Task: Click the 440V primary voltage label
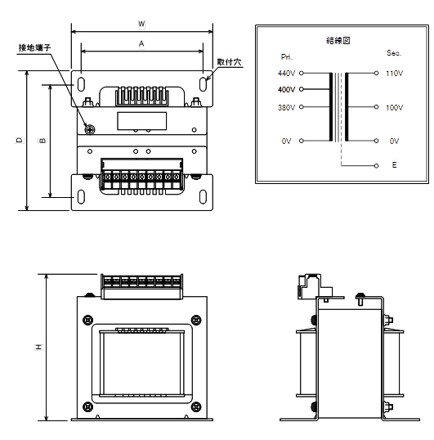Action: coord(286,74)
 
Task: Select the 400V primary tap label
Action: coord(286,89)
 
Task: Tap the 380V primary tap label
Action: coord(286,107)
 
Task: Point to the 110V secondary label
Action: coord(394,74)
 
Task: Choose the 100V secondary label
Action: coord(394,107)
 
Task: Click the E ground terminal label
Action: coord(394,165)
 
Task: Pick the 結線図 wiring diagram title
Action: coord(338,40)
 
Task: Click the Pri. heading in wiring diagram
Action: coord(287,57)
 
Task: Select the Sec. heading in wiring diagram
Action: coord(394,53)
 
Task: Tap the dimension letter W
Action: coord(141,24)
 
